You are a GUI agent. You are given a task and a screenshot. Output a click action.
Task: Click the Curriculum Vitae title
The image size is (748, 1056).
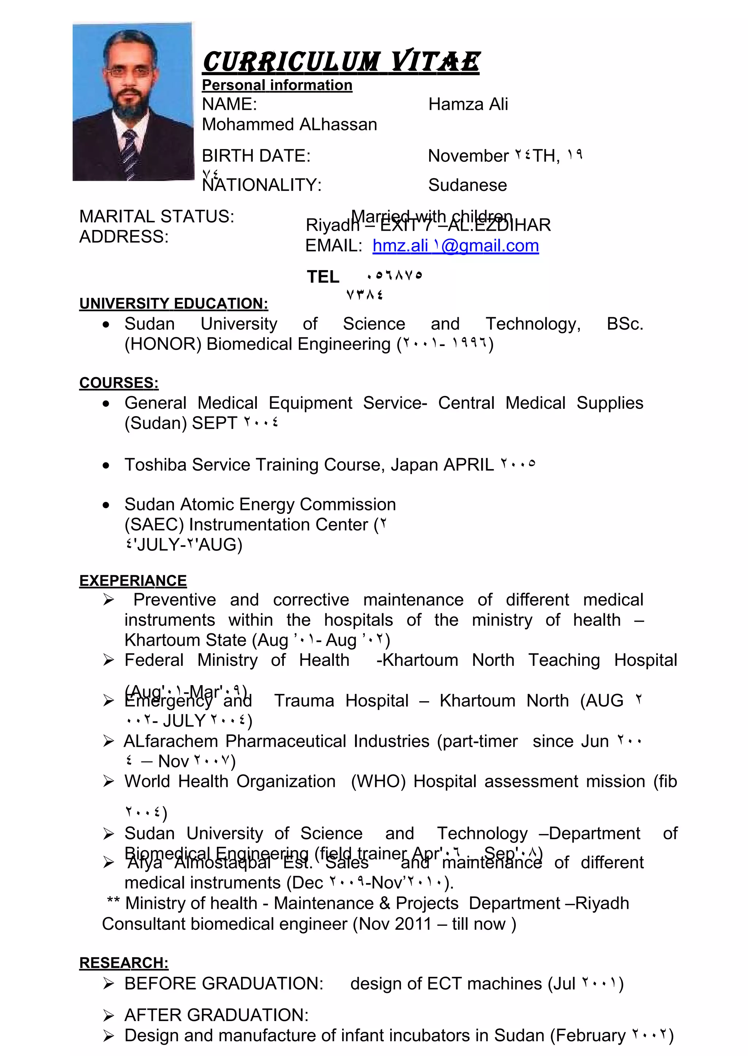tap(341, 62)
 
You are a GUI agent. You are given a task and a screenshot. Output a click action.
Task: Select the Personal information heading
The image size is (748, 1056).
tap(277, 85)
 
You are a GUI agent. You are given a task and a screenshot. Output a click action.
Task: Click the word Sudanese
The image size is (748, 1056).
tap(467, 185)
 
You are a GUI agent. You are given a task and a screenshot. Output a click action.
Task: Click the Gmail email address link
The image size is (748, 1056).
tap(455, 246)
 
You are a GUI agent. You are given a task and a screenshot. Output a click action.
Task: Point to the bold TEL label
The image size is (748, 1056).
tap(323, 277)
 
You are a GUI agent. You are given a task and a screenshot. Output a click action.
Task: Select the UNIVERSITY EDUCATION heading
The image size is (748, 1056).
tap(173, 304)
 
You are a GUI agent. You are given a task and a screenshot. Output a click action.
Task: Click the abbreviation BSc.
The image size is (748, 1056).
tap(625, 324)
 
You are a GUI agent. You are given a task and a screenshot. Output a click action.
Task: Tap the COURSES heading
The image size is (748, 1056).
tap(119, 383)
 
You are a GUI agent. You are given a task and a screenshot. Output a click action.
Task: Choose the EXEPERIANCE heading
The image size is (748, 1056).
tap(133, 581)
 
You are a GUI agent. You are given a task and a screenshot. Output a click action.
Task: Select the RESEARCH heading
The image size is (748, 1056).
tap(123, 963)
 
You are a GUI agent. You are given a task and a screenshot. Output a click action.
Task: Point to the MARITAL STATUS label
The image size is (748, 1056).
tap(157, 216)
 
